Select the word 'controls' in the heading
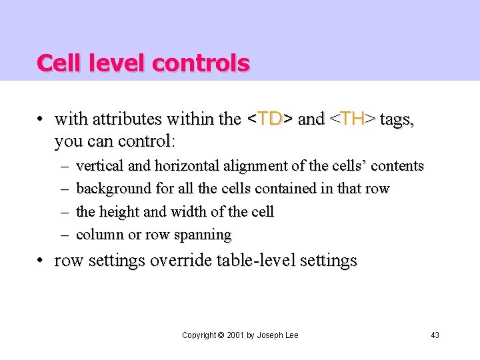[201, 63]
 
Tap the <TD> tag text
[269, 119]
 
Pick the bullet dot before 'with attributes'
[41, 120]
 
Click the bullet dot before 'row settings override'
[41, 261]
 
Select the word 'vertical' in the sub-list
[97, 165]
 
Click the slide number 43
[435, 335]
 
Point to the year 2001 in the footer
[234, 335]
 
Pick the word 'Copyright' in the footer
[199, 335]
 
